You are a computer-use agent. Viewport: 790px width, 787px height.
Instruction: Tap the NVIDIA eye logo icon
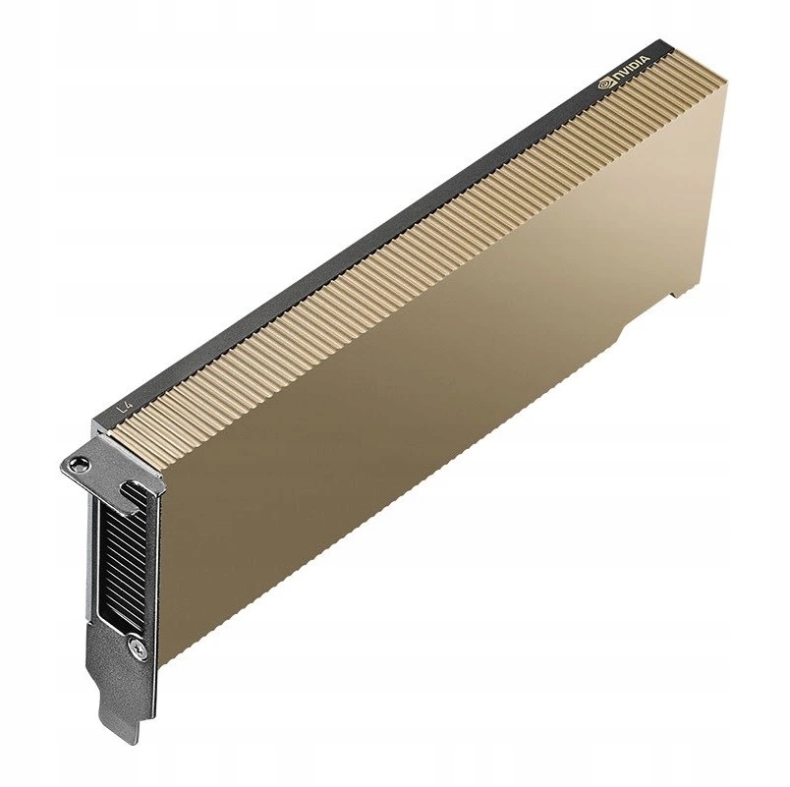(605, 85)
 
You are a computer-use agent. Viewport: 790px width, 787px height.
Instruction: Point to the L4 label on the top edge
(123, 404)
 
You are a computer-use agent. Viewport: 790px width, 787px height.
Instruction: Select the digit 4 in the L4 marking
(127, 401)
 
